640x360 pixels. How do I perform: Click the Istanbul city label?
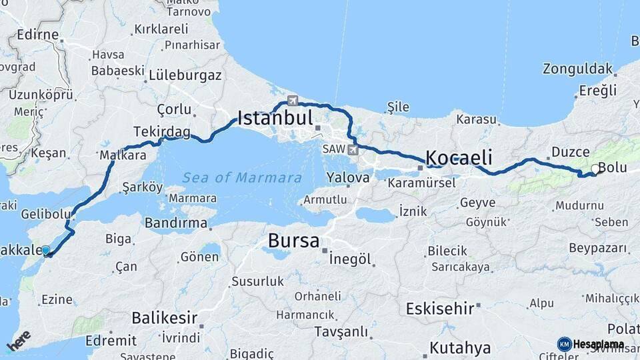pos(275,119)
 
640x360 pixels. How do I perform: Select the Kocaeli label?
pos(459,158)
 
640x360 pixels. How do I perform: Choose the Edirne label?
pos(38,35)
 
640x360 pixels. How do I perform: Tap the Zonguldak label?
pos(577,69)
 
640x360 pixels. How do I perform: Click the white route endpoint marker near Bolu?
pos(595,169)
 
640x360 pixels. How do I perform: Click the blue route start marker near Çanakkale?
pos(45,251)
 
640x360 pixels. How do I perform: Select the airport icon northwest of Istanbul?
pos(292,101)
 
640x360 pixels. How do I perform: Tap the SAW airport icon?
pos(352,150)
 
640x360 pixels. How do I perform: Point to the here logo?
pos(19,340)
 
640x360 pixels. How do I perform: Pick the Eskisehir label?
pos(440,309)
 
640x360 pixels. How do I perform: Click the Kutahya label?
pos(460,347)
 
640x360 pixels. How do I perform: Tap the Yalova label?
pos(348,178)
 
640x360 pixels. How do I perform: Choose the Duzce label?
pos(570,152)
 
